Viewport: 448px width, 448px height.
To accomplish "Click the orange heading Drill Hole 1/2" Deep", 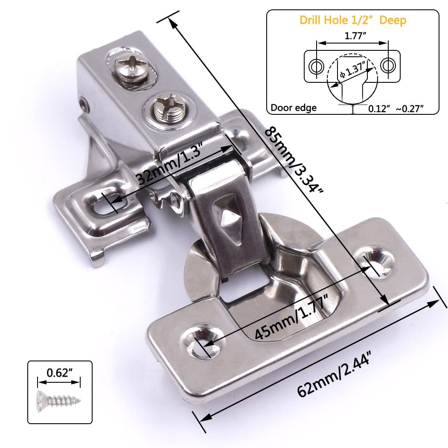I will tap(352, 20).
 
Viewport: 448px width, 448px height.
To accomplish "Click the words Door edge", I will tap(294, 108).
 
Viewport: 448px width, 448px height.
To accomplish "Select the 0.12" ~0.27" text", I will tap(396, 109).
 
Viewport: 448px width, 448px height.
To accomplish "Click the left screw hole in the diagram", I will tap(316, 66).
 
